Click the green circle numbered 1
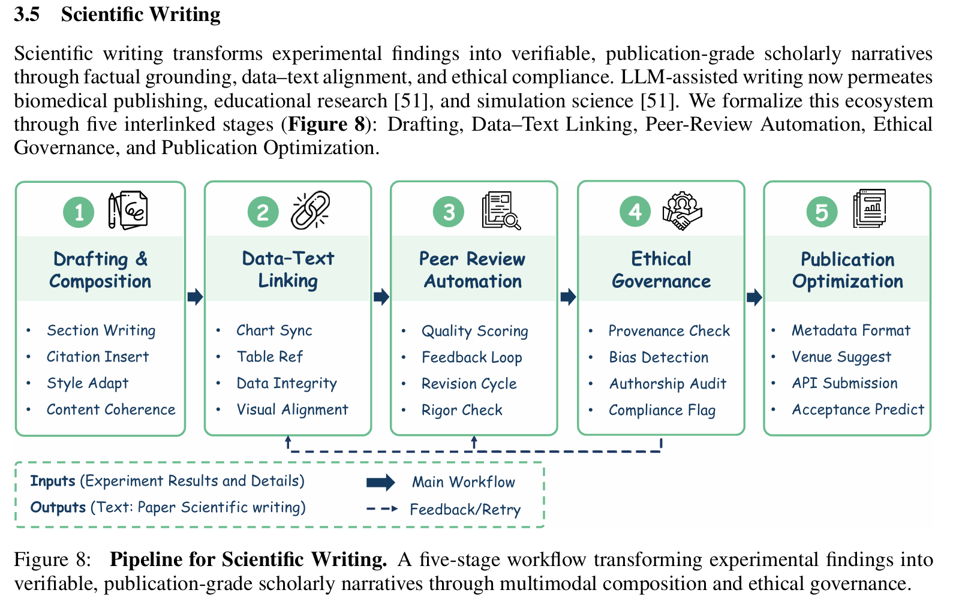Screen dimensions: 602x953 (79, 212)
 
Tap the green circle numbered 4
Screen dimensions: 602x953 (635, 212)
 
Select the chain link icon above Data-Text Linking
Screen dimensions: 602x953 (310, 210)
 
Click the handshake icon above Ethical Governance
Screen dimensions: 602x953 (682, 211)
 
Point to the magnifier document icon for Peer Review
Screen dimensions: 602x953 (501, 210)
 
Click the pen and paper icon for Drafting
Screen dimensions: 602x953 (128, 210)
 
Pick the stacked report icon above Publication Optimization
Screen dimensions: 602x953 (870, 208)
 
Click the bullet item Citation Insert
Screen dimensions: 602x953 (98, 357)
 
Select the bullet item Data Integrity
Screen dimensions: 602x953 (287, 383)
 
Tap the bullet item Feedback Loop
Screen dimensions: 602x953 (471, 357)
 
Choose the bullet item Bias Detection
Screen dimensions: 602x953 (659, 357)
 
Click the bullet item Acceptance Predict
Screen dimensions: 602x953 (858, 410)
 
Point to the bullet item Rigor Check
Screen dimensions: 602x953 (462, 410)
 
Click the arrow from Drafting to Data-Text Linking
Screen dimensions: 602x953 (195, 297)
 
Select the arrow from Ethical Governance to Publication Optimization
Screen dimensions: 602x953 (754, 297)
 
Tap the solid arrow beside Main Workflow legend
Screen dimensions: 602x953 (380, 482)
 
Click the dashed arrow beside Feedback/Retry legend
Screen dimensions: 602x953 (381, 509)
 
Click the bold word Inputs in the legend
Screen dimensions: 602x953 (53, 481)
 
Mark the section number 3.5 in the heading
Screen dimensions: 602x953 (27, 14)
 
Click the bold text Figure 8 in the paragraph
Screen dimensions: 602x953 (326, 124)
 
